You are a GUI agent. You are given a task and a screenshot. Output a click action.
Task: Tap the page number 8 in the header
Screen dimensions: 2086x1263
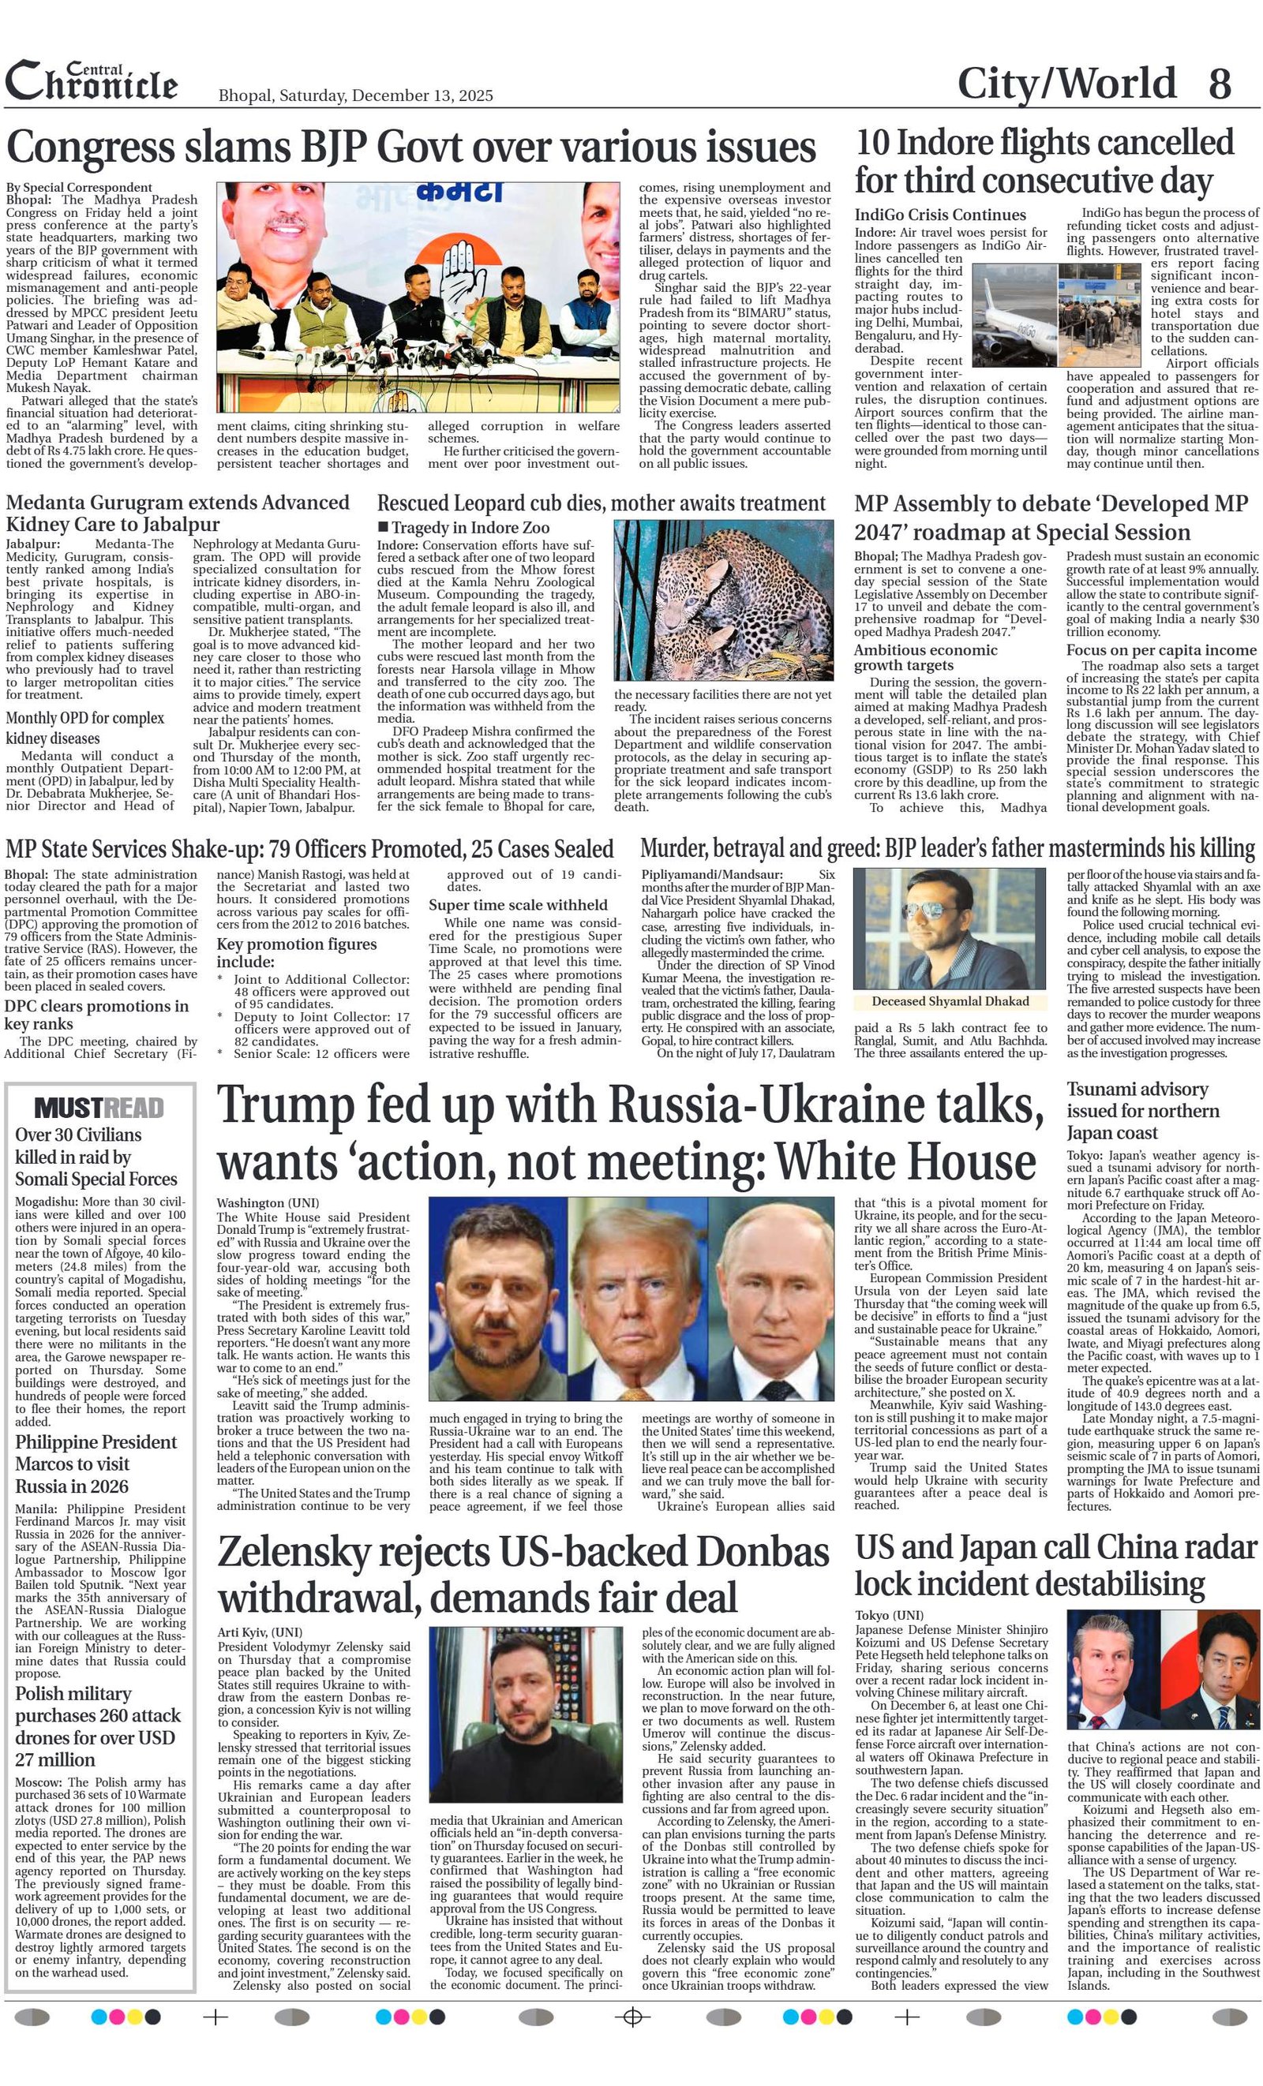click(x=1219, y=84)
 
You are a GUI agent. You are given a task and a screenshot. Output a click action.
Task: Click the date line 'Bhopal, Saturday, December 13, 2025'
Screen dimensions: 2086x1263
click(x=356, y=95)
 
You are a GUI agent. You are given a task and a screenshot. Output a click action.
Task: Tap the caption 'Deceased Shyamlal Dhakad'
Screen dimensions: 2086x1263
click(x=950, y=1001)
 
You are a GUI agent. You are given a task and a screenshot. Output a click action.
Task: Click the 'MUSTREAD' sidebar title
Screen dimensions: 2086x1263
click(x=99, y=1108)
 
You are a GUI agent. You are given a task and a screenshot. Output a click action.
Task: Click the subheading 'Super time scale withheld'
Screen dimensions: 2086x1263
click(x=518, y=905)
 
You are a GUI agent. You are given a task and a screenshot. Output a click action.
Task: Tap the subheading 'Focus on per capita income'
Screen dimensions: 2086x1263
click(x=1160, y=650)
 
